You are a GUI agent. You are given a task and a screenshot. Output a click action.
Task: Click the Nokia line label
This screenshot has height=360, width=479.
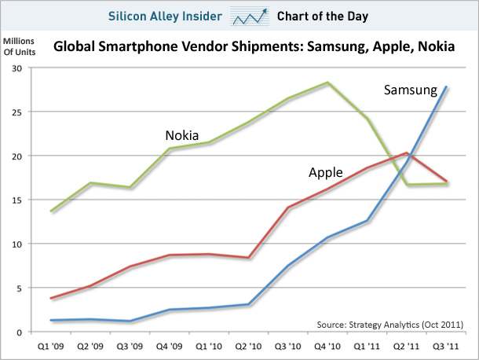pyautogui.click(x=181, y=135)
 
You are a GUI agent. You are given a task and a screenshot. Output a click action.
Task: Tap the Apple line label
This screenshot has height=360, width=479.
pyautogui.click(x=327, y=171)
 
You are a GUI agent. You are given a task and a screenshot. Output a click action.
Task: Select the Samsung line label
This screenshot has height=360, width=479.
pyautogui.click(x=409, y=90)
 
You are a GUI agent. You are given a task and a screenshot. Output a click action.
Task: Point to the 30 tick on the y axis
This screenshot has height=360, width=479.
pyautogui.click(x=16, y=68)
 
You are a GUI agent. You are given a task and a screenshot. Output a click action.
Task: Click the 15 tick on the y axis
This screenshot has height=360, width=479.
pyautogui.click(x=16, y=200)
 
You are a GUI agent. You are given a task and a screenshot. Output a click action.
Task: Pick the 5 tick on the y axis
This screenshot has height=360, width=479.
pyautogui.click(x=18, y=288)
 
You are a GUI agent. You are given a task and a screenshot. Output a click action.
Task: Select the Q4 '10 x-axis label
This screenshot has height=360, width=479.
pyautogui.click(x=327, y=344)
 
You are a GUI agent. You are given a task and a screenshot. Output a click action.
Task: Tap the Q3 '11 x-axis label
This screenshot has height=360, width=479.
pyautogui.click(x=448, y=344)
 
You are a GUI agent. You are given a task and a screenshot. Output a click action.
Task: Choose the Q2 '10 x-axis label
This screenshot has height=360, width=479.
pyautogui.click(x=248, y=344)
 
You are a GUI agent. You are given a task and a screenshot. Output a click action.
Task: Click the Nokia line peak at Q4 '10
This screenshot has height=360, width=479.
pyautogui.click(x=327, y=82)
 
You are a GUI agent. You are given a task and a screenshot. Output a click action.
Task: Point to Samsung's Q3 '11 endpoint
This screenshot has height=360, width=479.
pyautogui.click(x=447, y=86)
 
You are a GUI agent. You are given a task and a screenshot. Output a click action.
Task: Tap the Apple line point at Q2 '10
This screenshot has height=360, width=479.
pyautogui.click(x=248, y=258)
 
